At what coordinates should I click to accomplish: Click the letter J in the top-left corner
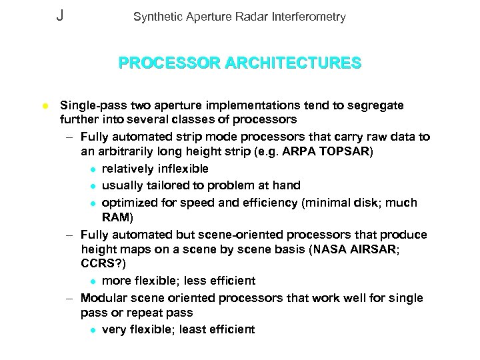pyautogui.click(x=60, y=15)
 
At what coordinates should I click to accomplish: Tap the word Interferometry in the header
pyautogui.click(x=311, y=17)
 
